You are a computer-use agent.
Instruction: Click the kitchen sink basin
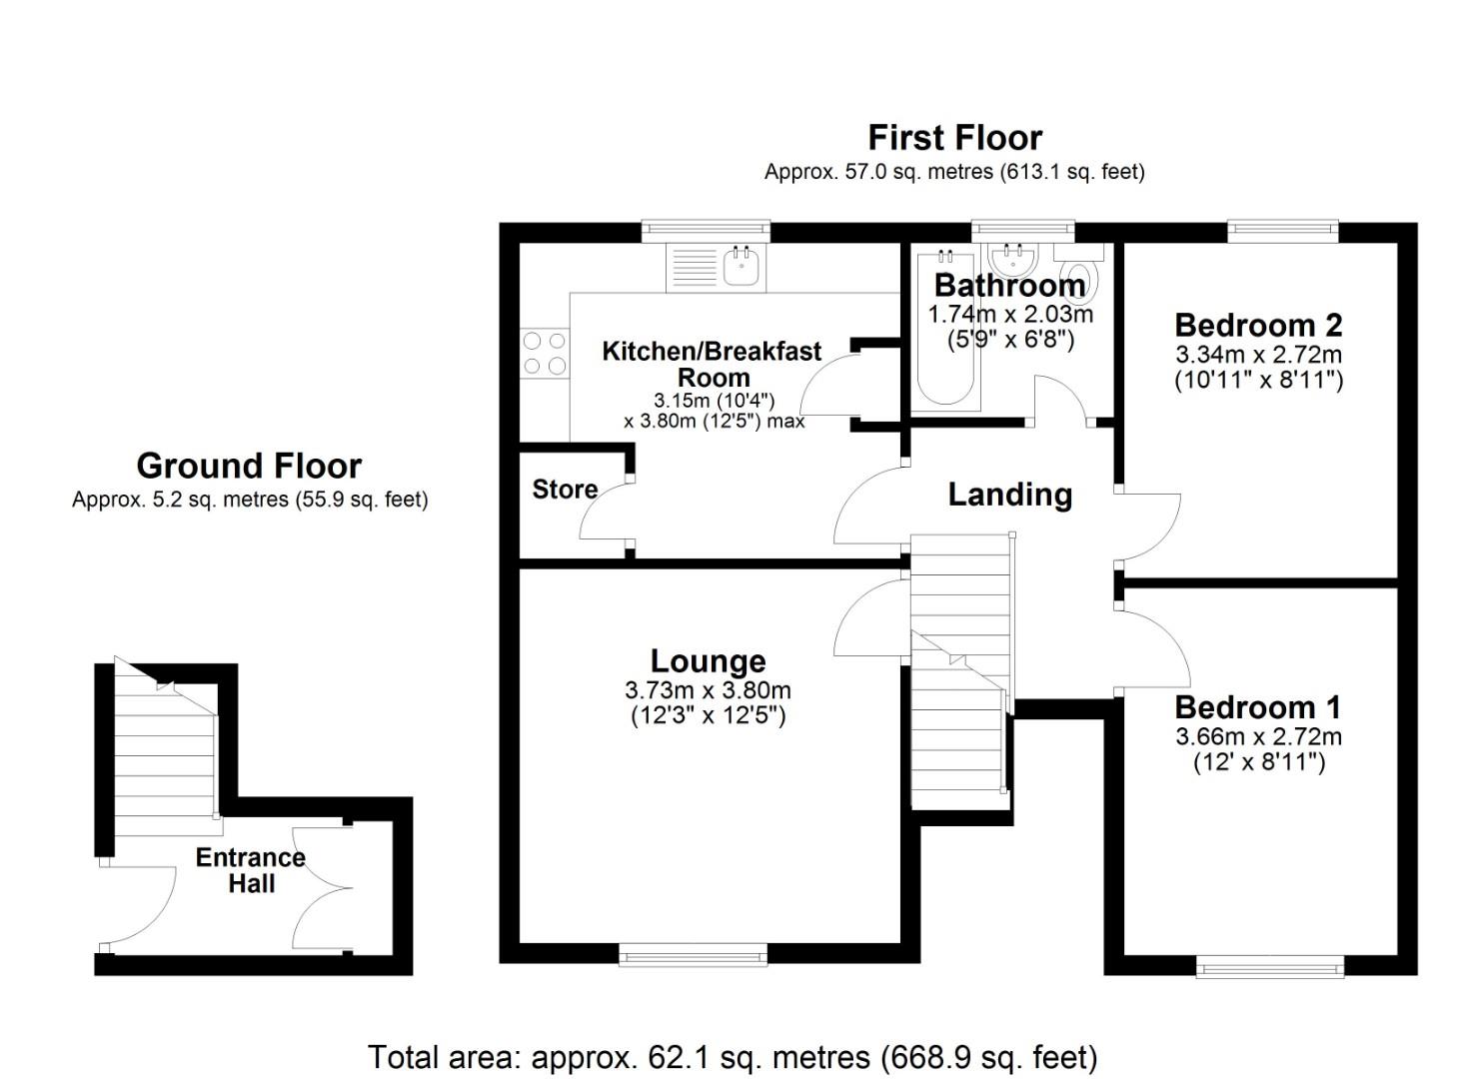[x=742, y=268]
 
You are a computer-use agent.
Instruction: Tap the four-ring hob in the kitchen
[x=544, y=354]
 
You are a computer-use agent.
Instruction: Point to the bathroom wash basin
[x=1011, y=261]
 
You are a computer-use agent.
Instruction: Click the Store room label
[x=565, y=490]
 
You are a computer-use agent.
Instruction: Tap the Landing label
[x=1009, y=495]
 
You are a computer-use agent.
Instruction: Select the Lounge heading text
[x=708, y=660]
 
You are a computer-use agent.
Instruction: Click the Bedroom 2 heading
[x=1258, y=325]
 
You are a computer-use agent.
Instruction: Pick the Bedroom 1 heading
[x=1258, y=707]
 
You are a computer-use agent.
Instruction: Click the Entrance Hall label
[x=251, y=870]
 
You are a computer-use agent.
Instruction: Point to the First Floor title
[x=954, y=137]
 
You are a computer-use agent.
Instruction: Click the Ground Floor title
[x=249, y=466]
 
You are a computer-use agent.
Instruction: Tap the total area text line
[x=733, y=1056]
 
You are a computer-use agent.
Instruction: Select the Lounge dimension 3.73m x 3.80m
[x=708, y=690]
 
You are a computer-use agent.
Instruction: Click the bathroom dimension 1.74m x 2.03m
[x=1010, y=314]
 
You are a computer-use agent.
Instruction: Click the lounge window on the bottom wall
[x=694, y=956]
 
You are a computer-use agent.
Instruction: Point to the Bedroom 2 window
[x=1283, y=231]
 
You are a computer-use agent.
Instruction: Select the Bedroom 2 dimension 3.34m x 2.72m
[x=1258, y=355]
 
